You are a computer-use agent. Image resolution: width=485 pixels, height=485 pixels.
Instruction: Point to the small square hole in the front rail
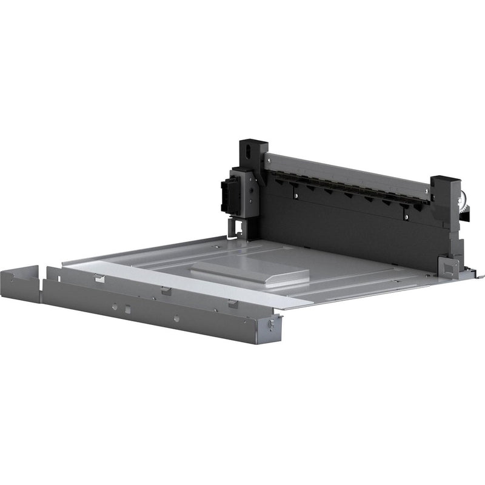coord(127,309)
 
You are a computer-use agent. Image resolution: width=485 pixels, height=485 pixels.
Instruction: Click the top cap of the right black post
coord(444,181)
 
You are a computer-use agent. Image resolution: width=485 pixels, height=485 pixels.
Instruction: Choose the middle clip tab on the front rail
coord(166,290)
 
